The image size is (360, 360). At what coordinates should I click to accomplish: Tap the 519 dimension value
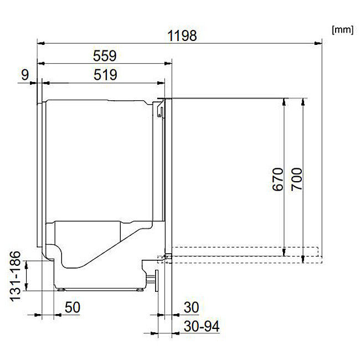(x=105, y=75)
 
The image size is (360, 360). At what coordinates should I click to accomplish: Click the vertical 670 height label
(x=278, y=179)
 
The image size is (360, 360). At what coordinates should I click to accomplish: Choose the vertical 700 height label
(x=297, y=179)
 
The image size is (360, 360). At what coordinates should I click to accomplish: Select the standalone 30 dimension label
(x=192, y=307)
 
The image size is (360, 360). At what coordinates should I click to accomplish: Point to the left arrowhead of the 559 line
(x=40, y=63)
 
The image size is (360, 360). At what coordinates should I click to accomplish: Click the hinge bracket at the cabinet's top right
(x=160, y=109)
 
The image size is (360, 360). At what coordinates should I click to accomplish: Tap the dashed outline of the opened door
(x=244, y=252)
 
